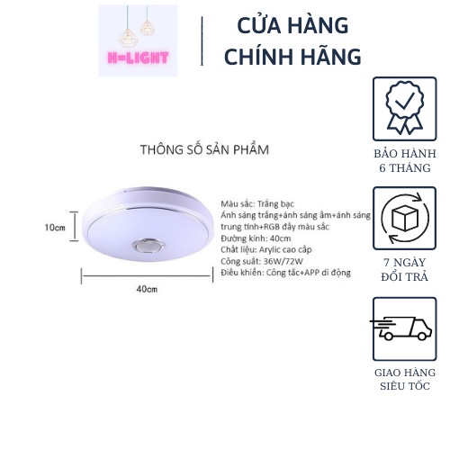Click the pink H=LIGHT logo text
138,58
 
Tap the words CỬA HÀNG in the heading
292,25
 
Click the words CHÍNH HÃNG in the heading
292,57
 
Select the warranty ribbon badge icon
405,109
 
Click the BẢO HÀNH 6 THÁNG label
405,161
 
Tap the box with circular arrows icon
405,218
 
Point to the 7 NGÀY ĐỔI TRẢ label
405,270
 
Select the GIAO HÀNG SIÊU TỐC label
405,379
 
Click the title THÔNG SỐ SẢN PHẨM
204,149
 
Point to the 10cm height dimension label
55,228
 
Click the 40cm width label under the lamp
147,289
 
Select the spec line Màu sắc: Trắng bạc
257,204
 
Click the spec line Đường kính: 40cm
256,238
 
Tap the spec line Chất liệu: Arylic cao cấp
266,249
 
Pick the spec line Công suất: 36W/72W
262,261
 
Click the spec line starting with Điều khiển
285,273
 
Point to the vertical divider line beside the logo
202,40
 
